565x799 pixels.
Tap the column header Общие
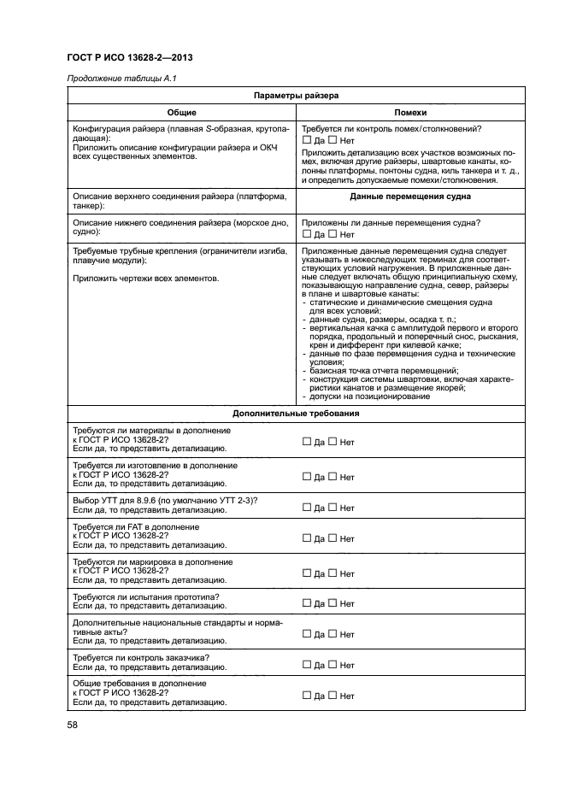[180, 113]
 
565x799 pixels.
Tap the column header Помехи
[410, 113]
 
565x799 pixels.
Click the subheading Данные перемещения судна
[410, 196]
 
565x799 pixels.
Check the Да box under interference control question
[307, 140]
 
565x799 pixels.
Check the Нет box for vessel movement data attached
[333, 233]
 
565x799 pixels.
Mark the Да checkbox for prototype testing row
[307, 602]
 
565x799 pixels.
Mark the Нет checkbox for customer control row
[333, 664]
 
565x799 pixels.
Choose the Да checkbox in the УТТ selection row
[307, 507]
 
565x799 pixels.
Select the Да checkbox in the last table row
[307, 696]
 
